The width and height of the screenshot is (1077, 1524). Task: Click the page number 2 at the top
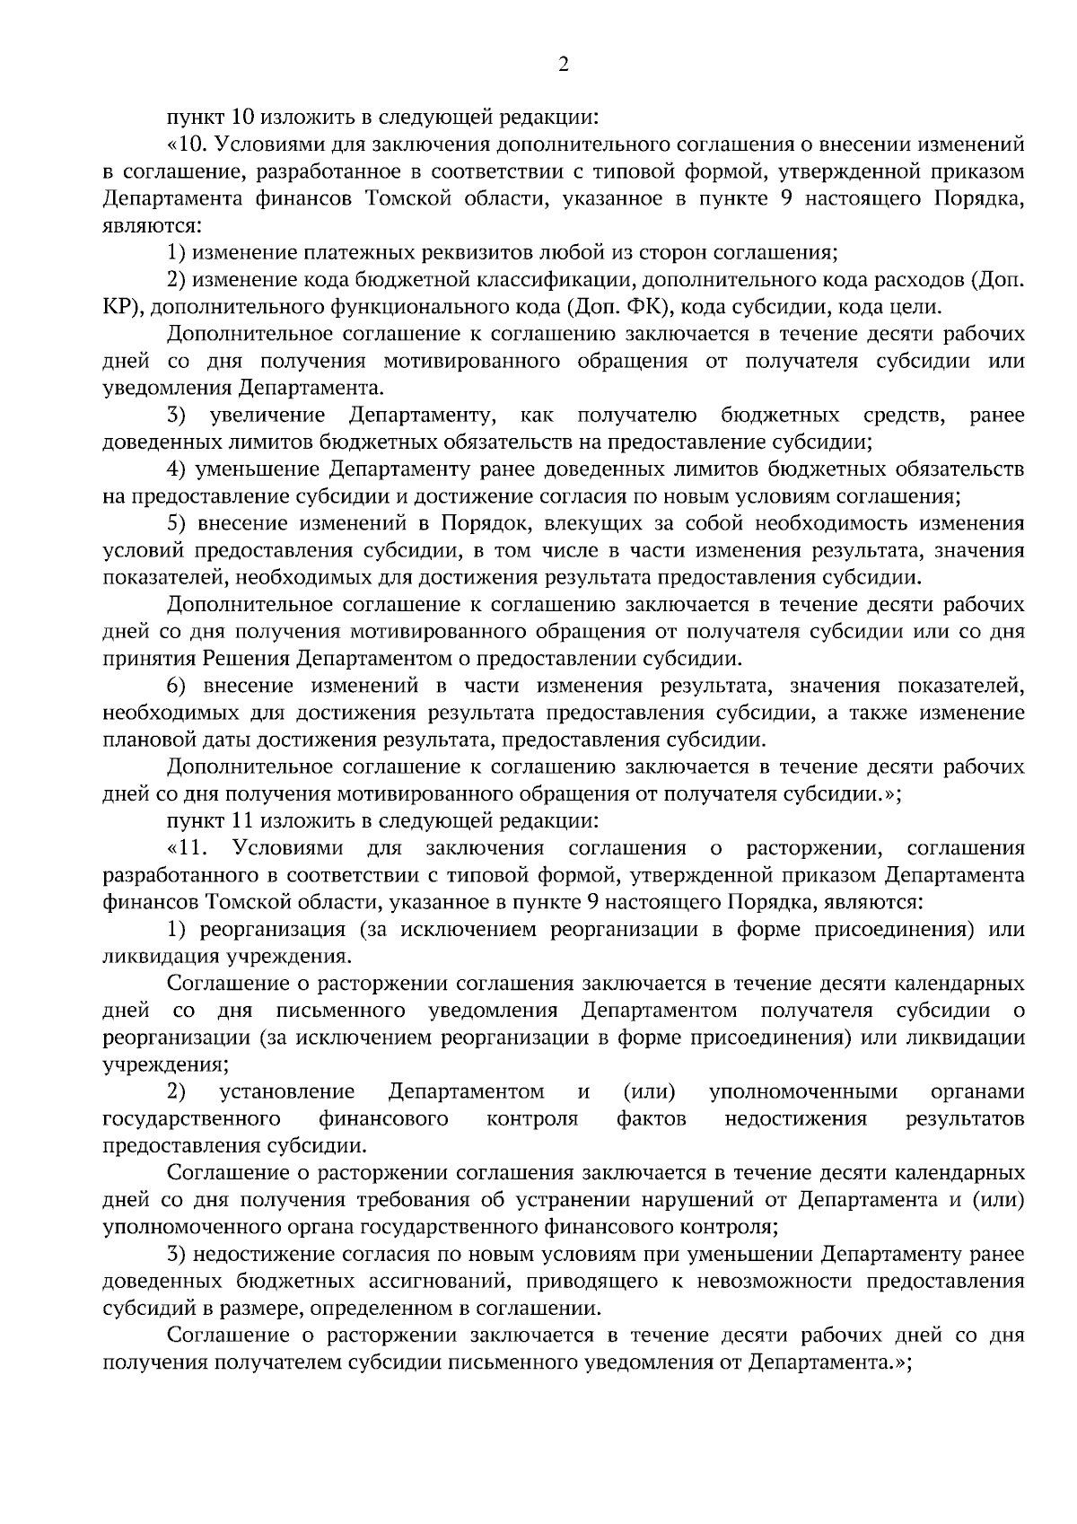(563, 63)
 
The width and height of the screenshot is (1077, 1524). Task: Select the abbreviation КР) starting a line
(118, 308)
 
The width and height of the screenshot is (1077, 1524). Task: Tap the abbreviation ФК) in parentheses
(642, 308)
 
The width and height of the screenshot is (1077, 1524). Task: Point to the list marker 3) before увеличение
(177, 415)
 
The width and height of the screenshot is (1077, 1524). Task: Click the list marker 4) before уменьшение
(177, 469)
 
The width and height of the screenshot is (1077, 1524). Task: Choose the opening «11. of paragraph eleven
(188, 848)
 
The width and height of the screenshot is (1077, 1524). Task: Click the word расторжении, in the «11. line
(817, 848)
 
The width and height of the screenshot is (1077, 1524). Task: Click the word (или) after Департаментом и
(649, 1091)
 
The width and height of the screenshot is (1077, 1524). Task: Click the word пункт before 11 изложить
(192, 821)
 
